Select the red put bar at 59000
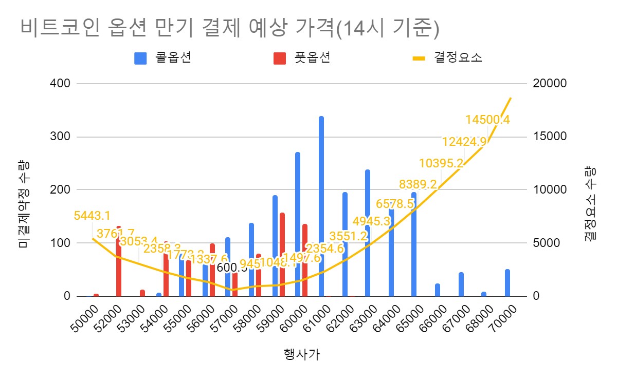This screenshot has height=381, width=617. (x=282, y=254)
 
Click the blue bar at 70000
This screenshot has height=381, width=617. (x=507, y=282)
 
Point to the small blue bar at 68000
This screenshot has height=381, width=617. (x=484, y=294)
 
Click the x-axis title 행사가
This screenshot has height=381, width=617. (x=302, y=354)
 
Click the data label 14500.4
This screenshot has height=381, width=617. (x=487, y=120)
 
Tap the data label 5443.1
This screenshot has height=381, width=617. (x=92, y=216)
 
